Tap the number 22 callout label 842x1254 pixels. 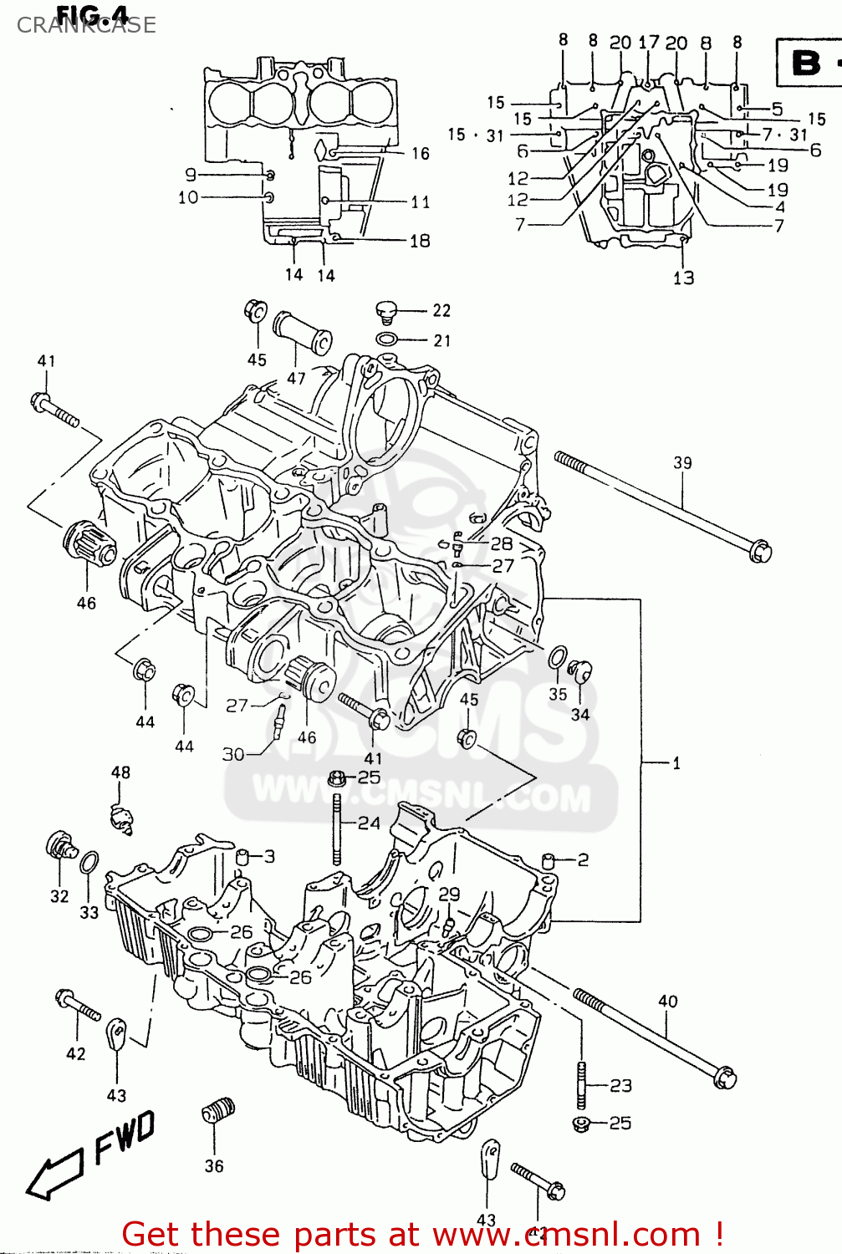tap(441, 311)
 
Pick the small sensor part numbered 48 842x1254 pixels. tap(123, 817)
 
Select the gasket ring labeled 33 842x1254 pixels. tap(89, 863)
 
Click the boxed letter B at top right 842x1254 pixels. tap(806, 63)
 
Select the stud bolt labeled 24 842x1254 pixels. tap(337, 828)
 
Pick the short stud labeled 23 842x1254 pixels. tap(580, 1084)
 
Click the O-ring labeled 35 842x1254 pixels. tap(558, 658)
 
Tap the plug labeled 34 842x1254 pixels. tap(579, 671)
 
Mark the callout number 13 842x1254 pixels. tap(684, 278)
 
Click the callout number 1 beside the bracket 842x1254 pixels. tap(676, 762)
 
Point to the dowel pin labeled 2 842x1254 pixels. tap(549, 859)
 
